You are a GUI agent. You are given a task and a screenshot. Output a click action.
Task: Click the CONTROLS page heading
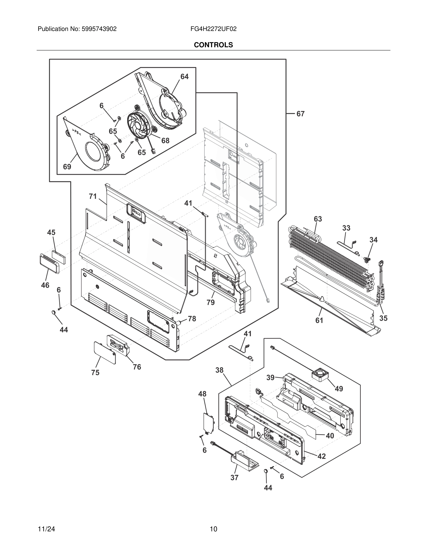213,45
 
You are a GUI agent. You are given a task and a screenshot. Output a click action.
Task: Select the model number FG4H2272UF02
213,29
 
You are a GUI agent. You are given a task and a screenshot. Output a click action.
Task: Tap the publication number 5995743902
99,29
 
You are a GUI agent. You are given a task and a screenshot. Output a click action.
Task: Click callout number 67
300,114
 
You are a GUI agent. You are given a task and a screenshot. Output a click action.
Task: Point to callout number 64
184,77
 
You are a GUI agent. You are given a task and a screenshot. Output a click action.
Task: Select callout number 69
67,167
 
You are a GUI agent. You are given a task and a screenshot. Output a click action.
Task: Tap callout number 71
93,196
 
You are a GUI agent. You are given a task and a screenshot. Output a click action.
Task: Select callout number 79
210,302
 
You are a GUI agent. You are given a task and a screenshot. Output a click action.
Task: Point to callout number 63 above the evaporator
318,219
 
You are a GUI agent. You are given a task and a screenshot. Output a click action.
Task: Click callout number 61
319,320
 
